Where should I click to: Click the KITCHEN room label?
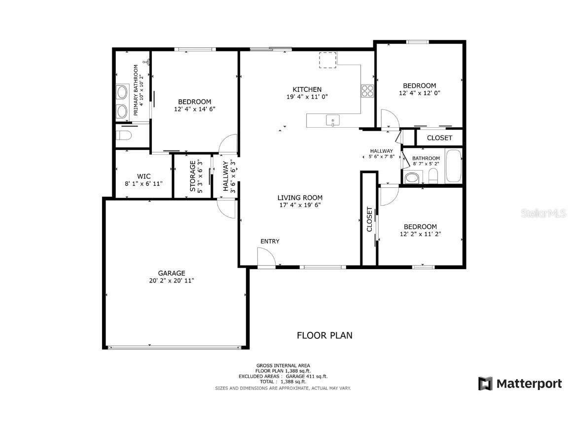pyautogui.click(x=307, y=89)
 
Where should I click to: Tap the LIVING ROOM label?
pyautogui.click(x=300, y=198)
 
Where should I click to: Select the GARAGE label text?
pyautogui.click(x=172, y=273)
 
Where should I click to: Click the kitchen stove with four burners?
pyautogui.click(x=367, y=90)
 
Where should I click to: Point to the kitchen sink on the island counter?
pyautogui.click(x=333, y=120)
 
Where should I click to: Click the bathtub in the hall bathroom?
pyautogui.click(x=453, y=167)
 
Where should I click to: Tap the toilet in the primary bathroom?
pyautogui.click(x=124, y=136)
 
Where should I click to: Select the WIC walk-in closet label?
pyautogui.click(x=143, y=176)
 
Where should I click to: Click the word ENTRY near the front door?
pyautogui.click(x=270, y=241)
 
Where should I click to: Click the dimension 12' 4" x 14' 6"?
pyautogui.click(x=194, y=109)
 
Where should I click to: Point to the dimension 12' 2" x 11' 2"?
pyautogui.click(x=420, y=234)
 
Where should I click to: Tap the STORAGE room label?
pyautogui.click(x=193, y=176)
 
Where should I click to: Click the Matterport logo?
pyautogui.click(x=520, y=384)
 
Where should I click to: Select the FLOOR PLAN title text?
pyautogui.click(x=324, y=335)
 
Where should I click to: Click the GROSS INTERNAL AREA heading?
pyautogui.click(x=283, y=365)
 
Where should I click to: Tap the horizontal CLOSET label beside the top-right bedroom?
pyautogui.click(x=439, y=138)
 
